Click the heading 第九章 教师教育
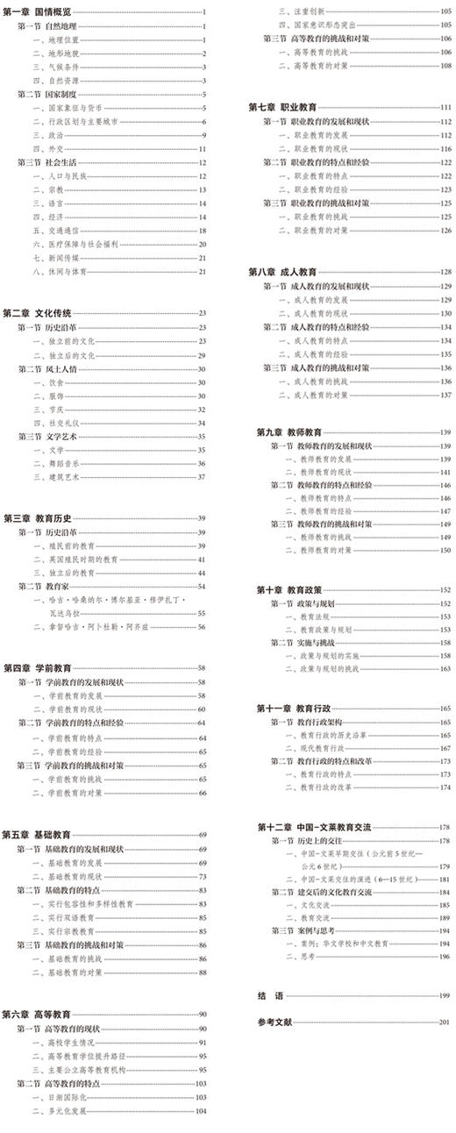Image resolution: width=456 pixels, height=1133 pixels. coord(289,431)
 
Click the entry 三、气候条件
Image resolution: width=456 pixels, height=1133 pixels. coord(57,67)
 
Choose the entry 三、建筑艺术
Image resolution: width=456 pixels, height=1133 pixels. coord(57,476)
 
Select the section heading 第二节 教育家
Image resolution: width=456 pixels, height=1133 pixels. coord(44,586)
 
